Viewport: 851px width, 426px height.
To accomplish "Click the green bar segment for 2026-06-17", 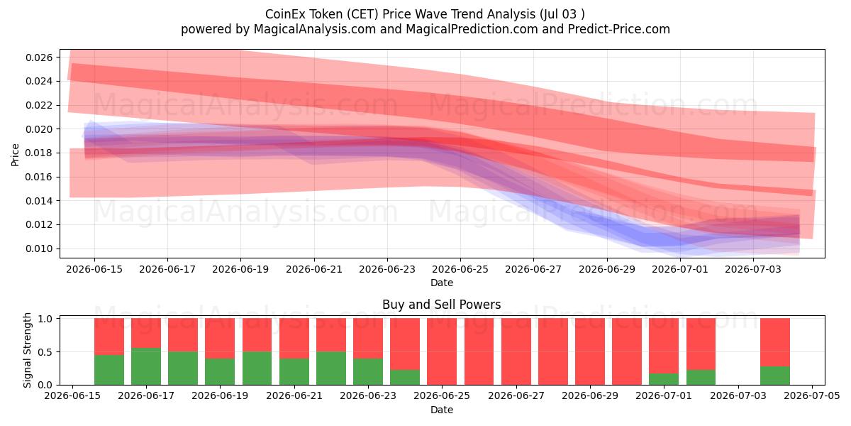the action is (146, 366).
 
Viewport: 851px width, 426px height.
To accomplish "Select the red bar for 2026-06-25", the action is (442, 351).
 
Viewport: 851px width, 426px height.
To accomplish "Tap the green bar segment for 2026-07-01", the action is (664, 379).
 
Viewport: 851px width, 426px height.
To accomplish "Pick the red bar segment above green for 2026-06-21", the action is (294, 338).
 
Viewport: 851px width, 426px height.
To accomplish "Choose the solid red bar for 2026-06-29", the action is (589, 351).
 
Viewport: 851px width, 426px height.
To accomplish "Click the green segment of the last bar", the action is (775, 376).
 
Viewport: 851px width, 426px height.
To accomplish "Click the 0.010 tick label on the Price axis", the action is (39, 248).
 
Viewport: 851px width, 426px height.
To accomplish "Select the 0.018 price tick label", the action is (39, 153).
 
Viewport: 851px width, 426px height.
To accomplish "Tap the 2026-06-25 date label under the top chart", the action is (460, 269).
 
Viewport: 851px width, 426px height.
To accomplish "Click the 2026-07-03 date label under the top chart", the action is (753, 269).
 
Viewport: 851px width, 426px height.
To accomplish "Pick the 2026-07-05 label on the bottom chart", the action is (812, 395).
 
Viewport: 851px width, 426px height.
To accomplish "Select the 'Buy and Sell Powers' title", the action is (441, 305).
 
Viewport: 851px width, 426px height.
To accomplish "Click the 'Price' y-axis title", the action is (15, 155).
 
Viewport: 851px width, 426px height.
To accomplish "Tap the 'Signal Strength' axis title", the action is (27, 350).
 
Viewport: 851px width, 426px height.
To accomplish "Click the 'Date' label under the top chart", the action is (441, 283).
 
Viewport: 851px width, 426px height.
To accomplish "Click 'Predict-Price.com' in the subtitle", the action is (619, 29).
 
